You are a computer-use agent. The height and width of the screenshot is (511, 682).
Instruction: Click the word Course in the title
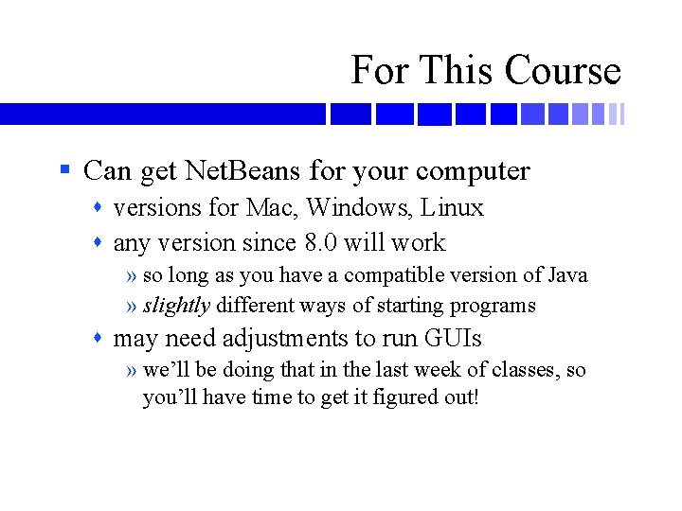point(563,70)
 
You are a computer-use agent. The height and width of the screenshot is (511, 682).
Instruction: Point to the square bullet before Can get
point(64,171)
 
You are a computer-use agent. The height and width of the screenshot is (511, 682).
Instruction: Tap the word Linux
point(452,207)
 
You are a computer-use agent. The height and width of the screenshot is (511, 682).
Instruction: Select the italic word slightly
point(176,306)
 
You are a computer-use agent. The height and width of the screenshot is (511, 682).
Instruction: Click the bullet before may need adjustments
point(100,338)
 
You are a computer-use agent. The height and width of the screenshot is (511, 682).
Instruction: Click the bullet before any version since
point(100,243)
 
